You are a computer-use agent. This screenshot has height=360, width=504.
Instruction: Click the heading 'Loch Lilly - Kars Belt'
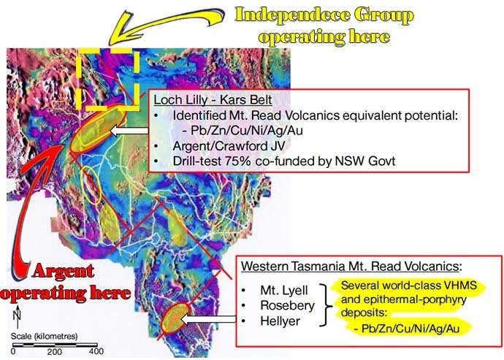(x=213, y=99)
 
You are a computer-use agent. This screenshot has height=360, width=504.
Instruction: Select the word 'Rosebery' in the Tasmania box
(x=287, y=306)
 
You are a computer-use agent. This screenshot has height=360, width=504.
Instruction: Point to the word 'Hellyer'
(x=280, y=321)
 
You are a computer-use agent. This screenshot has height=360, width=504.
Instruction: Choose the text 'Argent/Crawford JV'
(x=229, y=146)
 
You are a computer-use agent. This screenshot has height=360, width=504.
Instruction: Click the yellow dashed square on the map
(x=109, y=79)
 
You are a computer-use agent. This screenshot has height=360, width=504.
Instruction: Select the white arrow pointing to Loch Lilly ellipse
(x=129, y=131)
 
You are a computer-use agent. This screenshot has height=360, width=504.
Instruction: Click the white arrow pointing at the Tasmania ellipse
(x=209, y=320)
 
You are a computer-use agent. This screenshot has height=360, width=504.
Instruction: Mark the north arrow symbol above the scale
(x=18, y=316)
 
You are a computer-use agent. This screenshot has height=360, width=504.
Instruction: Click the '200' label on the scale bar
(x=55, y=352)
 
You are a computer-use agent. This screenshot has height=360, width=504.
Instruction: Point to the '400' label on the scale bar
(x=96, y=351)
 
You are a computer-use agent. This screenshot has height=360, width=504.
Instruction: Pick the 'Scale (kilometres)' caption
(x=45, y=336)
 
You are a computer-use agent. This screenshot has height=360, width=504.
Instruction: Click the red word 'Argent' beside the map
(x=63, y=271)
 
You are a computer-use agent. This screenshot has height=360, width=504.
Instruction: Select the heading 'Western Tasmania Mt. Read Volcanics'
(x=351, y=266)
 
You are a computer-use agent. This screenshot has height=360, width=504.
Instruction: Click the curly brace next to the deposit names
(x=327, y=305)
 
